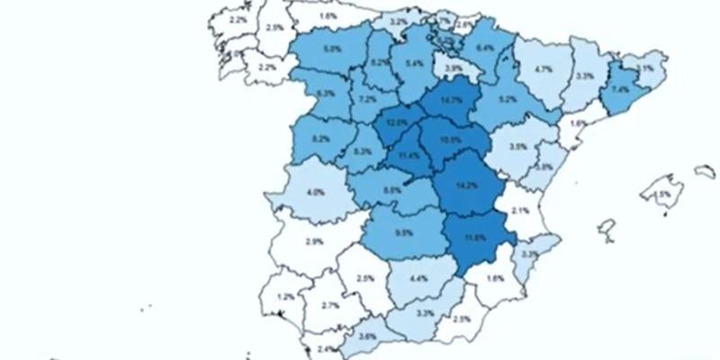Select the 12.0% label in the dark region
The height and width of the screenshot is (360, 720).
pos(396,121)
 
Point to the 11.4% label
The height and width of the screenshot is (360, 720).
pos(408,156)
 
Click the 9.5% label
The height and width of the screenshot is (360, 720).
pos(404,232)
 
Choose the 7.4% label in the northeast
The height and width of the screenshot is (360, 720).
pos(620,91)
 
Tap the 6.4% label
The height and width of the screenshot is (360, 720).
pos(485,48)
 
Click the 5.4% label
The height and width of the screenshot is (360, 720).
pos(415,64)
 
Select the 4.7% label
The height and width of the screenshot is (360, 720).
pos(543,68)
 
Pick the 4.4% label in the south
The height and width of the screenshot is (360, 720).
pos(418,279)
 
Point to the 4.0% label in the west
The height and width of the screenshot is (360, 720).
pos(315,193)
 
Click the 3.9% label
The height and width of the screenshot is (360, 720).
pos(454,67)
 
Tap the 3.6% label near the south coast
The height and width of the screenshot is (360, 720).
pos(367,337)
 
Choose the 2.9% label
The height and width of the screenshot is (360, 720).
pos(314,242)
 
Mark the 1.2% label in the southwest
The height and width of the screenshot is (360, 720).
pos(286,297)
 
